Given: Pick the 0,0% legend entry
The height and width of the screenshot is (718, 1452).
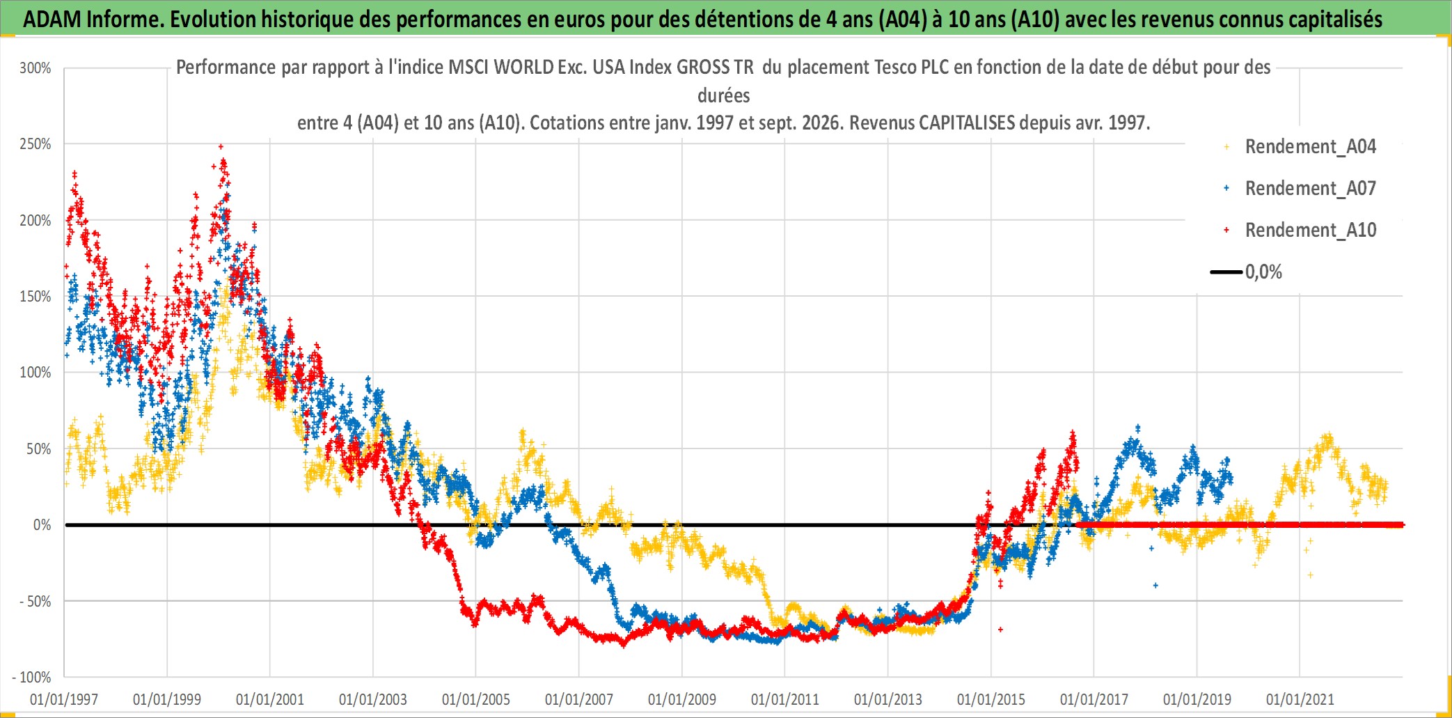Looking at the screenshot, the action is [x=1247, y=272].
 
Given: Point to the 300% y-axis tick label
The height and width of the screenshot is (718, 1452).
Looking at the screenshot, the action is [x=35, y=68].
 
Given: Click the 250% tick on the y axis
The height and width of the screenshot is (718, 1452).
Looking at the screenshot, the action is [x=35, y=144].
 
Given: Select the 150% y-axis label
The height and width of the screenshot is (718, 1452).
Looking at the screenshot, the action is [x=35, y=296].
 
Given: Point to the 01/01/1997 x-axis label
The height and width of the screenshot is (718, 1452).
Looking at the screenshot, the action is [x=64, y=699].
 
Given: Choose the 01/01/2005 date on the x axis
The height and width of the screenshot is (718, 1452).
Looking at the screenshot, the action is [x=476, y=699].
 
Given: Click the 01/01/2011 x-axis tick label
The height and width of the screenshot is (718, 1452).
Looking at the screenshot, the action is [x=785, y=699].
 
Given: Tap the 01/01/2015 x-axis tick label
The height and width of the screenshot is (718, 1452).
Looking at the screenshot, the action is [x=991, y=699].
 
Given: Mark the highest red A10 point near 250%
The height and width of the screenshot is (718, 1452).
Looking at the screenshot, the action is [x=221, y=146].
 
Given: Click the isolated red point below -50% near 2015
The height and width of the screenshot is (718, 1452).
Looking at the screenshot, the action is [x=1000, y=630].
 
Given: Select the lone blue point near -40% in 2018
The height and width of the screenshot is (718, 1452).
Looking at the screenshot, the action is [x=1155, y=585].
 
